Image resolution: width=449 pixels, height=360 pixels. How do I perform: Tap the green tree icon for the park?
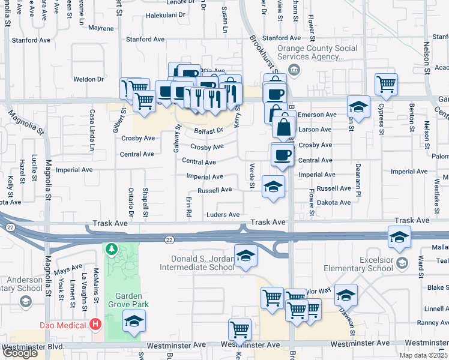tap(110, 248)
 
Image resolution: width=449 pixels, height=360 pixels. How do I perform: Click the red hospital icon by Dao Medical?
tap(95, 325)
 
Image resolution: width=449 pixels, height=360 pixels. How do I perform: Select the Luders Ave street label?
tap(223, 215)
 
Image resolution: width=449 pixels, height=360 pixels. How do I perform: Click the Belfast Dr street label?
tap(208, 130)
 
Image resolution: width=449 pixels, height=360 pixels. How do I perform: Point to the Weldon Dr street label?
tap(88, 79)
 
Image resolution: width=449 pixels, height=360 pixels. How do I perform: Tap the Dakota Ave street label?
tap(334, 203)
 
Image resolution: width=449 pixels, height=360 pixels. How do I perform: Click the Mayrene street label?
tap(100, 28)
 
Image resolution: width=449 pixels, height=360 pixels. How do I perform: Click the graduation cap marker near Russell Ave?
tap(273, 187)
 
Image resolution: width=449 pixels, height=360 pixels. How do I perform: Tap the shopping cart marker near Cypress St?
tap(387, 84)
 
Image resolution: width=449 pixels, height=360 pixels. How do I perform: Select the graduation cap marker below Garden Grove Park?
tap(134, 322)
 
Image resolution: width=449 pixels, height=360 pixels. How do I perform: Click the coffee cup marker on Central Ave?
tap(282, 155)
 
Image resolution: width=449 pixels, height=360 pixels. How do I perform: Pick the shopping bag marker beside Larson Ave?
tap(283, 127)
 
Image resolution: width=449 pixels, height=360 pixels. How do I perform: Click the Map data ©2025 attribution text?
tap(423, 355)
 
